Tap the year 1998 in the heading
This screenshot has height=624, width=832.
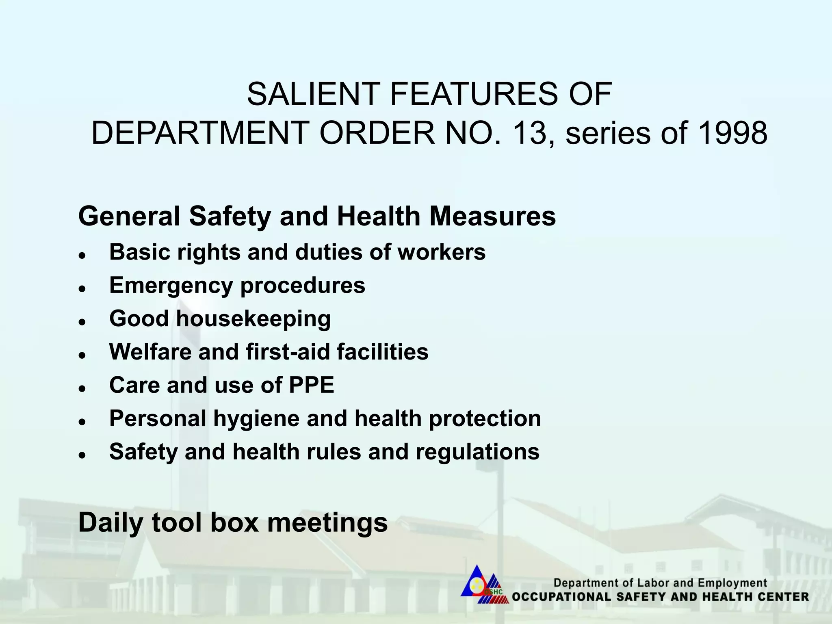[732, 133]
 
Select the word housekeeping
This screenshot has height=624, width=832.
[253, 319]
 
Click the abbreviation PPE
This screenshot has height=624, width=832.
[311, 385]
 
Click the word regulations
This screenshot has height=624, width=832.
[477, 452]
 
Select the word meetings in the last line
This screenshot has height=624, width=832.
[327, 523]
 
